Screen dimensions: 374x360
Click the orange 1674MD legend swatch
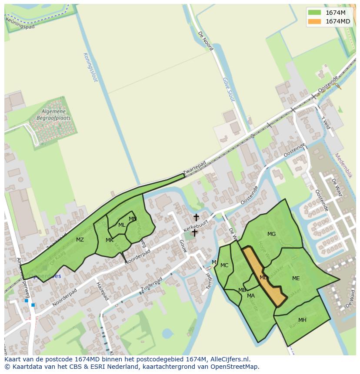(x=314, y=21)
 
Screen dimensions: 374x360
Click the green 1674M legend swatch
(x=314, y=13)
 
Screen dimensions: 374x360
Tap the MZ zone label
(x=80, y=239)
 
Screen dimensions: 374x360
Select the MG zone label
(x=271, y=234)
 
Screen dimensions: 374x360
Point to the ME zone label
(x=296, y=278)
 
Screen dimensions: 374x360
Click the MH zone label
(x=302, y=320)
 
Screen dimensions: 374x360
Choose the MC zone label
(x=224, y=265)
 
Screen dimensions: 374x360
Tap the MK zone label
(x=110, y=240)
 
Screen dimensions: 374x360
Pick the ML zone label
(x=122, y=225)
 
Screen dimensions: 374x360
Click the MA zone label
(x=251, y=296)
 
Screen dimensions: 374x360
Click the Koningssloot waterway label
(x=90, y=67)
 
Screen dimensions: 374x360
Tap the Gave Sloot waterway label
(x=229, y=89)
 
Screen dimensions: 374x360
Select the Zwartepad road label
(x=194, y=169)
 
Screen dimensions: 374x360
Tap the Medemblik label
(x=343, y=165)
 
